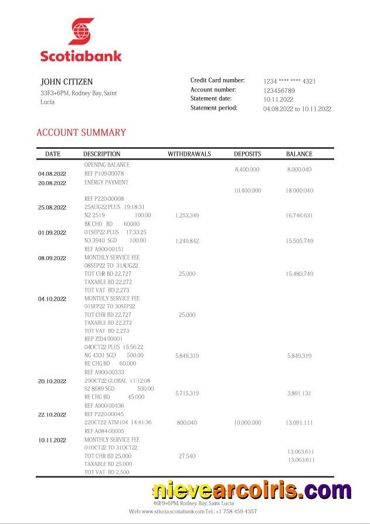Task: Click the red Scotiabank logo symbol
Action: tap(81, 32)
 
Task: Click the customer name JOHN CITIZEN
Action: tap(66, 82)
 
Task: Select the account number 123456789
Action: tap(279, 91)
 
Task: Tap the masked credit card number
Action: tap(289, 81)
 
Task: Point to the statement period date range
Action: tap(297, 108)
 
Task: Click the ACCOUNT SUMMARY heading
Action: tap(81, 132)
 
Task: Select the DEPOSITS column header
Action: tap(247, 154)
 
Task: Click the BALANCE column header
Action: tap(299, 154)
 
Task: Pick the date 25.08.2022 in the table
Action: tap(52, 207)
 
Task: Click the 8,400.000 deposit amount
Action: tap(247, 169)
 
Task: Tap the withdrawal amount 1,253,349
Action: tap(187, 216)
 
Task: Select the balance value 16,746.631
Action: tap(299, 216)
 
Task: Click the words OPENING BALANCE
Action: tap(107, 165)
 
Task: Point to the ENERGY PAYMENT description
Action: tap(106, 182)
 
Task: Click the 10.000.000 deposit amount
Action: tap(247, 423)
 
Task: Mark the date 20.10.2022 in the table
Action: tap(52, 381)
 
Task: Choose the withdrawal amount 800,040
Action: tap(187, 423)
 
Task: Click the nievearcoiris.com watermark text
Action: tap(252, 489)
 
